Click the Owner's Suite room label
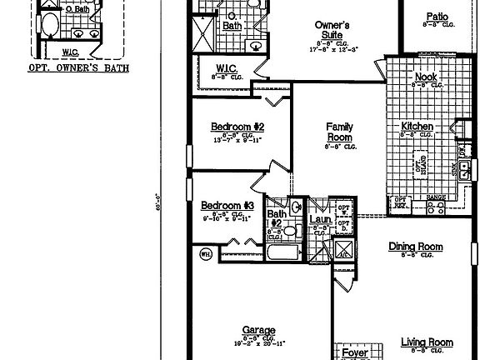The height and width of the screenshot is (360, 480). (331, 30)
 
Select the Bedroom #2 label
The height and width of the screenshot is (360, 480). (237, 127)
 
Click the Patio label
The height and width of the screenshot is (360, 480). (437, 16)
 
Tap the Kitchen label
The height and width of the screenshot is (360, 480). (417, 127)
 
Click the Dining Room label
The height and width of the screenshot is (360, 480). (415, 247)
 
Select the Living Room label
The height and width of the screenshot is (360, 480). (426, 342)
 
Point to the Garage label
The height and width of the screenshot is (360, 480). (258, 330)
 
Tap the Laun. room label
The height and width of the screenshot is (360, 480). (320, 220)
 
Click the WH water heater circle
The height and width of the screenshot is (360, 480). (205, 252)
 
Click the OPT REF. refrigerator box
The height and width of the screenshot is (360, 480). (400, 202)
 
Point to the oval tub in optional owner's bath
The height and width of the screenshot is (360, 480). (47, 24)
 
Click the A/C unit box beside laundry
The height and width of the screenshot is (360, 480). (342, 249)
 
